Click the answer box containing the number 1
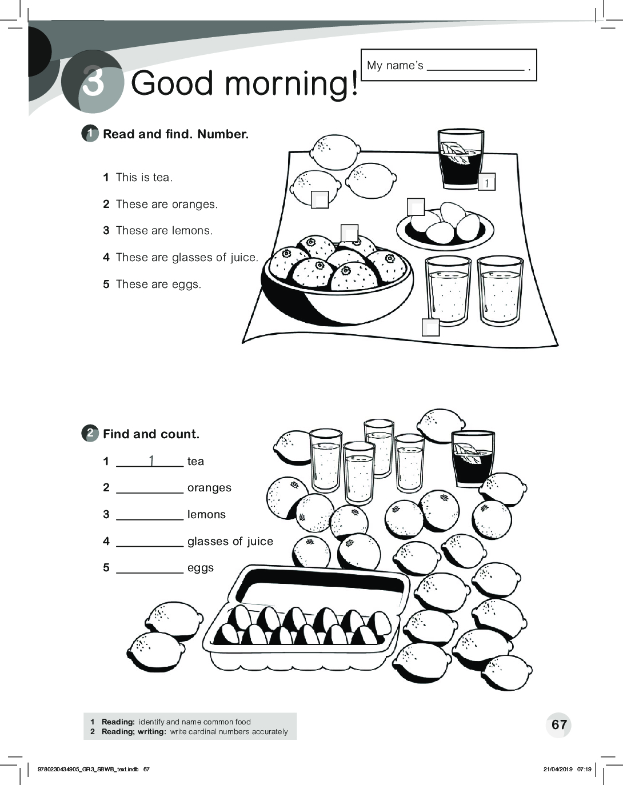(486, 182)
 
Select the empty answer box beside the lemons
(320, 199)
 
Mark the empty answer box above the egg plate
(416, 207)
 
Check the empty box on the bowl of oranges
(350, 233)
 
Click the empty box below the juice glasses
(430, 327)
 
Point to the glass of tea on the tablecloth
(461, 159)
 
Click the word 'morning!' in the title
(291, 84)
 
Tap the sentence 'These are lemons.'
(164, 231)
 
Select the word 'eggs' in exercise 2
(201, 568)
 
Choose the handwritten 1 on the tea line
(152, 460)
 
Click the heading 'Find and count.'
(151, 434)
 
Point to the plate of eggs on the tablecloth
(445, 226)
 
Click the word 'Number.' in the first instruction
(223, 134)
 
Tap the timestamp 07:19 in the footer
(584, 770)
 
